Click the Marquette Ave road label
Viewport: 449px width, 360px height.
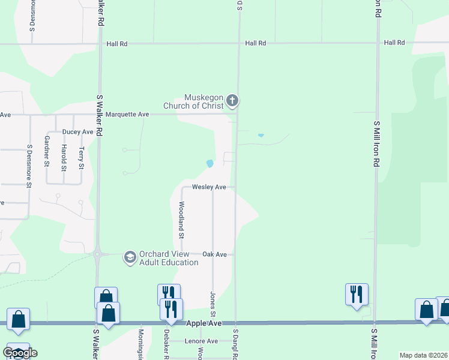point(127,114)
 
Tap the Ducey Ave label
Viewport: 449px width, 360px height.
point(78,131)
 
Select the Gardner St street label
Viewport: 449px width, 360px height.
point(47,151)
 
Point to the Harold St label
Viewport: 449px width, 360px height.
point(64,155)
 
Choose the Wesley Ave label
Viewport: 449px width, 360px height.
point(209,187)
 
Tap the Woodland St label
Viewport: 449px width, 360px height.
point(181,217)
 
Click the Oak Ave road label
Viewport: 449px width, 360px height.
point(214,254)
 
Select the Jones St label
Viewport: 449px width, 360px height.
point(212,304)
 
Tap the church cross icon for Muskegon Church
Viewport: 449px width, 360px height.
point(233,101)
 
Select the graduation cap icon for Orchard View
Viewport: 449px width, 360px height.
point(129,257)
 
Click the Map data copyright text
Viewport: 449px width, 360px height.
point(422,355)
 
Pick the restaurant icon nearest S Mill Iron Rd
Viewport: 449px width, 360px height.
point(357,294)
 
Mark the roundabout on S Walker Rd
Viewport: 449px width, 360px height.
point(98,254)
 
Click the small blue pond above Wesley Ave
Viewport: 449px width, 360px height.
point(209,163)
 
